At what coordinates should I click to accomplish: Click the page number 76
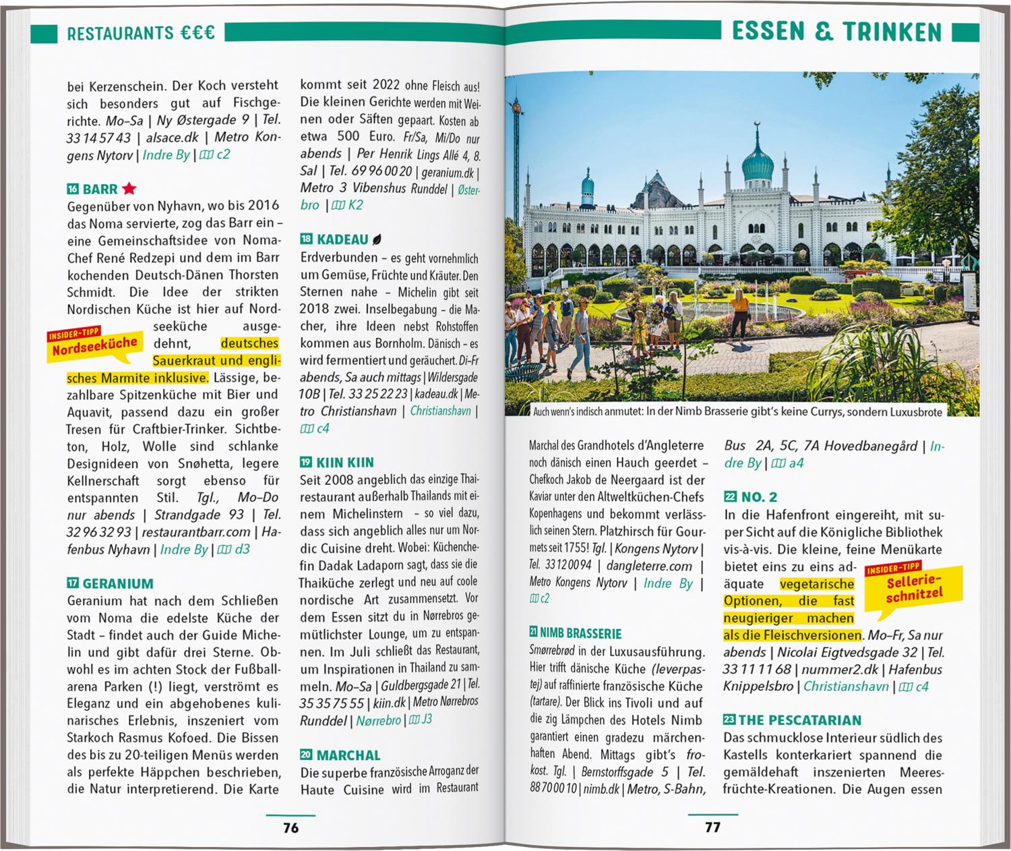[x=290, y=828]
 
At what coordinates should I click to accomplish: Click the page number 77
[x=712, y=827]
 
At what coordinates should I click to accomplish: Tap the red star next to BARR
[x=129, y=189]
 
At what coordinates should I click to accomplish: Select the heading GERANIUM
[x=117, y=584]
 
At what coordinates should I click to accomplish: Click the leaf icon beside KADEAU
[x=377, y=239]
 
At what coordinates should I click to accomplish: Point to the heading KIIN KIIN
[x=345, y=463]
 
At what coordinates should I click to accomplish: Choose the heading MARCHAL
[x=348, y=755]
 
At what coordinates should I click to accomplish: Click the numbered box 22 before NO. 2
[x=730, y=497]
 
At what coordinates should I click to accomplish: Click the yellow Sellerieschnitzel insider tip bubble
[x=913, y=588]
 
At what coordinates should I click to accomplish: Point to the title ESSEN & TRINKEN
[x=836, y=32]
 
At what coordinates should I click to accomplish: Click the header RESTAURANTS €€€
[x=141, y=32]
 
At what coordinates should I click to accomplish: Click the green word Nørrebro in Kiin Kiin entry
[x=378, y=720]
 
